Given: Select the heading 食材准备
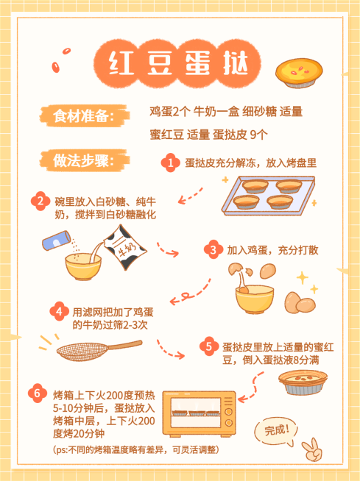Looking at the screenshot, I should [80, 116].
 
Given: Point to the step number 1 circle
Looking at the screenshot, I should [172, 163].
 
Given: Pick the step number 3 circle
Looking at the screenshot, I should [213, 250].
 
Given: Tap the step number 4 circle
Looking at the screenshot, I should [58, 311].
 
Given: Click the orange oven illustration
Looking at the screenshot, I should [199, 416].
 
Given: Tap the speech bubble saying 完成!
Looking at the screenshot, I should [278, 430].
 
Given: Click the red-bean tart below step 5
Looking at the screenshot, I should [303, 380].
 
